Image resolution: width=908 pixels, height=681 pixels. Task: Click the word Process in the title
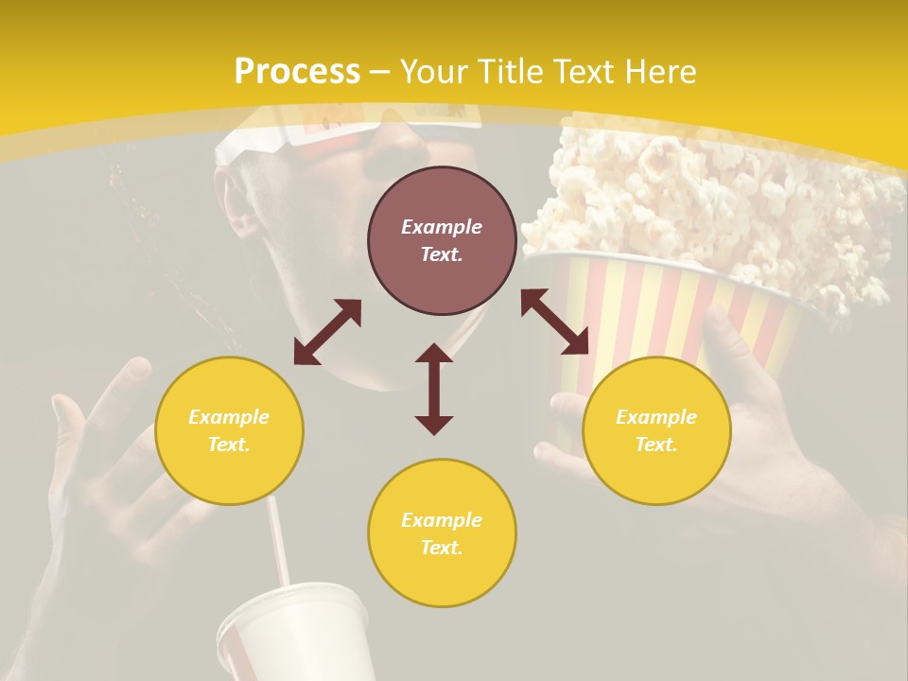[x=297, y=72]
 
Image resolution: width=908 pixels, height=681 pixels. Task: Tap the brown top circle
[x=442, y=240]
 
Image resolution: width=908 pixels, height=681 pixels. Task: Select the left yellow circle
[x=229, y=430]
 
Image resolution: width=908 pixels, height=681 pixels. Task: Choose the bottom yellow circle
[x=442, y=533]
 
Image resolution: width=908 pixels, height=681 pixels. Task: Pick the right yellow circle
[x=656, y=430]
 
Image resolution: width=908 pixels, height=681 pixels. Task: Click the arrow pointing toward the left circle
[x=327, y=332]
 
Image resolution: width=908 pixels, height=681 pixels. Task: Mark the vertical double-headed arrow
[x=434, y=389]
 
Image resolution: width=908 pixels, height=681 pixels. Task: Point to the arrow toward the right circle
[x=554, y=322]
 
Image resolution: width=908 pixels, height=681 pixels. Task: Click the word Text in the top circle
[x=442, y=254]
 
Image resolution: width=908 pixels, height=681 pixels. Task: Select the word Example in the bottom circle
[x=442, y=519]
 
